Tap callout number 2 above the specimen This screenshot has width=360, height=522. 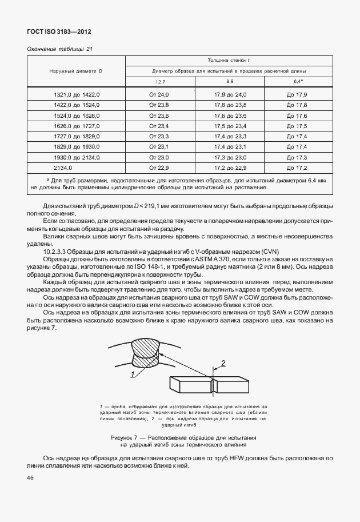(224, 362)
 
